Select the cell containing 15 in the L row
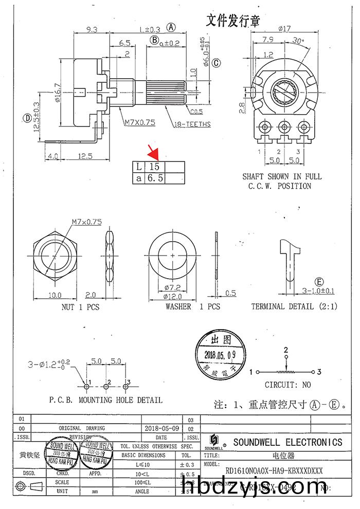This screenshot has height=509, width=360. coord(155,167)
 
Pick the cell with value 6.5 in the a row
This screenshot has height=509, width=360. coord(155,178)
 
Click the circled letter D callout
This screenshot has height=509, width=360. coord(27,118)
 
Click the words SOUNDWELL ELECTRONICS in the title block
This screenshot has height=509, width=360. coord(287,442)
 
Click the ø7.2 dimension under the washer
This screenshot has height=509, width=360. coord(173,287)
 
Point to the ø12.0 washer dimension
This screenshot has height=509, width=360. coord(173,296)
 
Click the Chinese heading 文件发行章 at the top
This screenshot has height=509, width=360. coord(233,21)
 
